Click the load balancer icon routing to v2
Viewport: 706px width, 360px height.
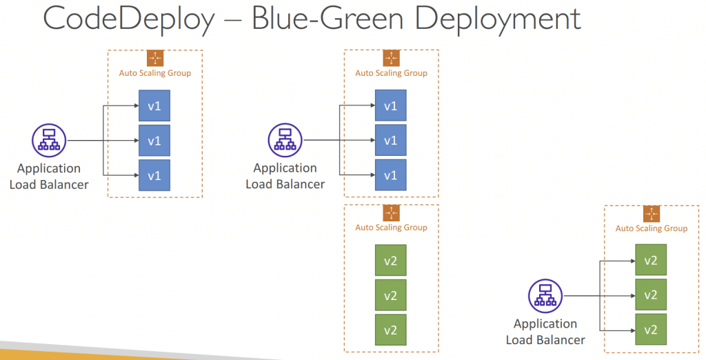545,296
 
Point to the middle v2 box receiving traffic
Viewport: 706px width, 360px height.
651,295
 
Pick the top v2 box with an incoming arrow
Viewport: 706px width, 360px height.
651,261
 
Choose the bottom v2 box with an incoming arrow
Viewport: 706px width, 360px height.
651,330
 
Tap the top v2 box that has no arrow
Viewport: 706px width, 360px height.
391,260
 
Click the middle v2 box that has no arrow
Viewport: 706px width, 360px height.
391,295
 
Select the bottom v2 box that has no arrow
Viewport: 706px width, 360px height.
391,330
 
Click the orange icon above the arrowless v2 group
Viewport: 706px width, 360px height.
392,213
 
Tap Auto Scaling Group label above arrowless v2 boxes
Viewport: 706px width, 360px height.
392,228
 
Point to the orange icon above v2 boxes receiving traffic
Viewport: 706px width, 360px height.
651,214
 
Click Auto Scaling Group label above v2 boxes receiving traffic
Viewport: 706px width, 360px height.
652,228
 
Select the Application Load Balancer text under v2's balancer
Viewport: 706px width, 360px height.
545,332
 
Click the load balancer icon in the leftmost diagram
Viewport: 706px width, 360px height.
49,141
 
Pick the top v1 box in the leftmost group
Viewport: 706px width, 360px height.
154,106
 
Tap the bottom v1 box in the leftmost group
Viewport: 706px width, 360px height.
154,175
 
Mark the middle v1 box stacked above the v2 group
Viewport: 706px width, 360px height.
391,140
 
